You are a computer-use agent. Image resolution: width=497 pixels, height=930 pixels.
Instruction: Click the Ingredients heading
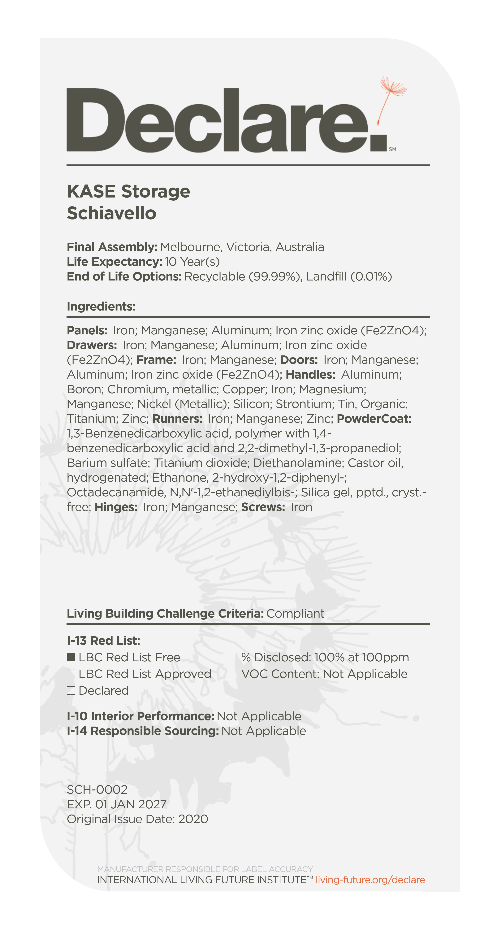pos(101,306)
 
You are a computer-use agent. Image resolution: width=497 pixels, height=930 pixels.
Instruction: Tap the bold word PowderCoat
pos(374,419)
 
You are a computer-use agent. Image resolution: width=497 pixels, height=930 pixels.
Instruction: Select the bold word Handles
pos(310,375)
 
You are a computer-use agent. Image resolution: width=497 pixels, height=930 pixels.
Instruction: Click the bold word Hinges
pos(116,507)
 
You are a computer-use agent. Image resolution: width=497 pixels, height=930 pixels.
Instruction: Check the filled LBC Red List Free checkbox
pos(71,657)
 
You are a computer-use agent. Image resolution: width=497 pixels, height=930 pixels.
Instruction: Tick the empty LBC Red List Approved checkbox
pos(71,674)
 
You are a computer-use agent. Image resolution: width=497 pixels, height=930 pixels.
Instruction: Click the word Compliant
pos(296,614)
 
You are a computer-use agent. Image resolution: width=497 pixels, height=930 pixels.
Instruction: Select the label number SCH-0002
pos(97,789)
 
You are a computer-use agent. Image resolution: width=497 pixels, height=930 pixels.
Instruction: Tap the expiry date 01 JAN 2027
pos(131,804)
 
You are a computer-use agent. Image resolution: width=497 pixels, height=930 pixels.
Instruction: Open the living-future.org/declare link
pos(370,880)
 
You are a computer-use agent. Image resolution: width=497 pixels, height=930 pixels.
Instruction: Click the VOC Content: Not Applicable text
pos(324,674)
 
